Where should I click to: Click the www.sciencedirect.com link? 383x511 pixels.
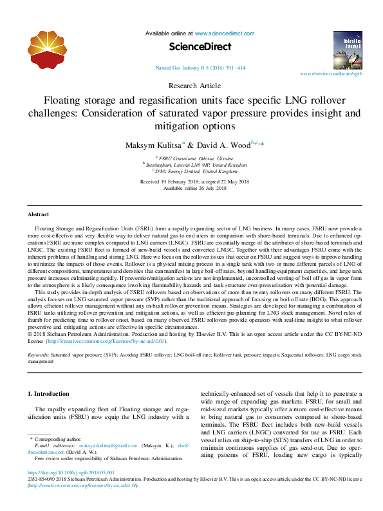[225, 33]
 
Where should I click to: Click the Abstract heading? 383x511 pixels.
[39, 214]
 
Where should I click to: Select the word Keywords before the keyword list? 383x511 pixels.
[38, 355]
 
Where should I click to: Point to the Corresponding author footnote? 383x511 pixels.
[55, 438]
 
